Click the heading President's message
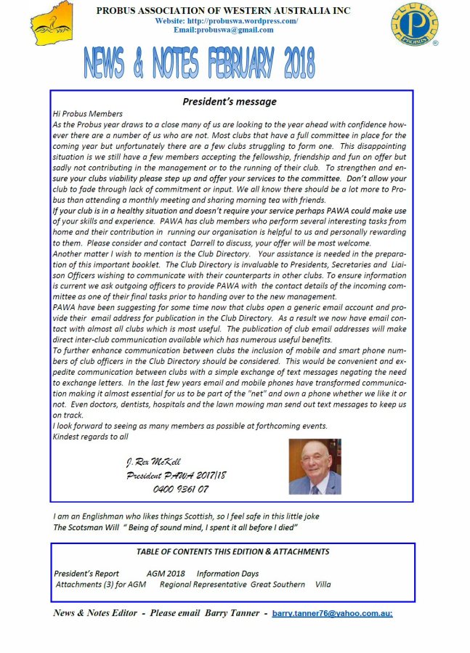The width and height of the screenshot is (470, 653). point(230,102)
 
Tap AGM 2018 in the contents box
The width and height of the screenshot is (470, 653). point(165,573)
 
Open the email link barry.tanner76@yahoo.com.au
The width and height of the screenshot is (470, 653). point(332,614)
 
